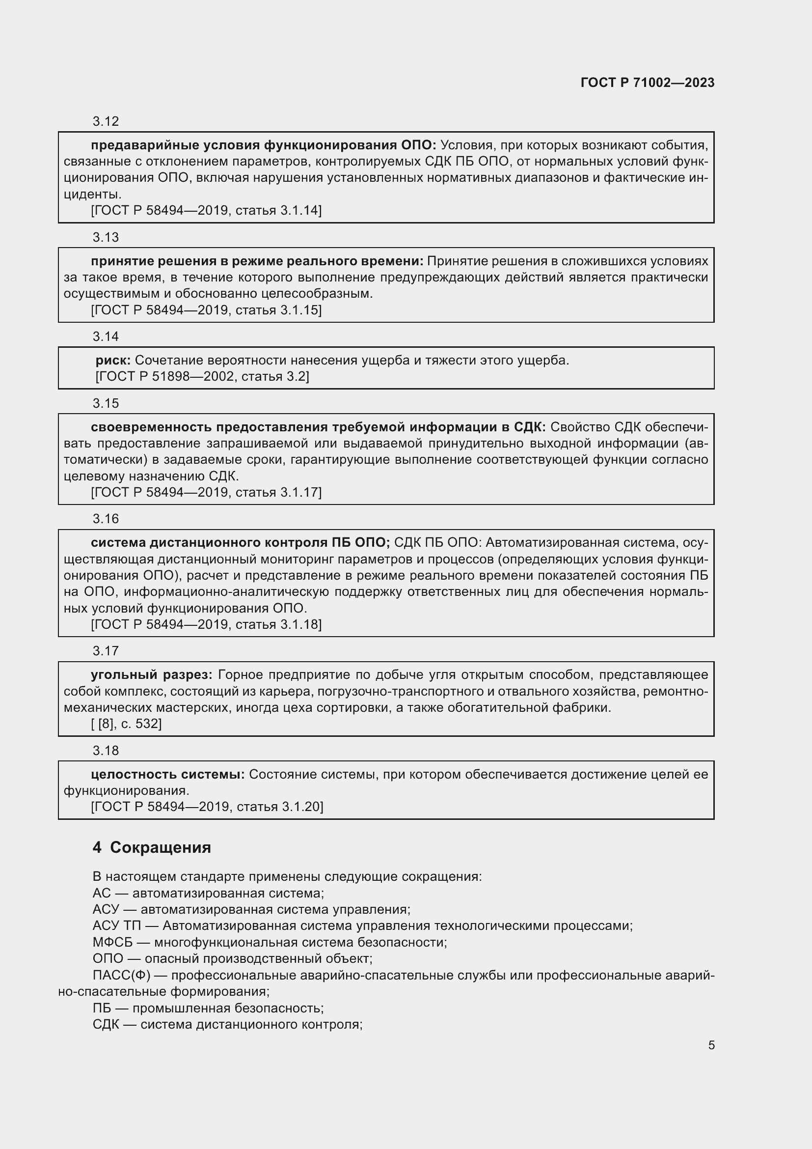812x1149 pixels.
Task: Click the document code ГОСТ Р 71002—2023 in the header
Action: point(648,83)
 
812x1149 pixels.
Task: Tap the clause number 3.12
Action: point(106,121)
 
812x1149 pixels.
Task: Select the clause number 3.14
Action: point(106,336)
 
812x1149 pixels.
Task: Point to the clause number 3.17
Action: point(106,650)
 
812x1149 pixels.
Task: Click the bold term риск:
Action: point(113,360)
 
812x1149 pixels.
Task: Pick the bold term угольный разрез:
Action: point(152,674)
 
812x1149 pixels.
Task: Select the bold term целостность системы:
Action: point(167,774)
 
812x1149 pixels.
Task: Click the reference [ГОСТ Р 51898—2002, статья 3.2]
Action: point(202,376)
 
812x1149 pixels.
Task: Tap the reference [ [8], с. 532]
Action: point(126,724)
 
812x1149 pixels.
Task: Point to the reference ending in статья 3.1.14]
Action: point(206,210)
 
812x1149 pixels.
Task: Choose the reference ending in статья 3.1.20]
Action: point(207,807)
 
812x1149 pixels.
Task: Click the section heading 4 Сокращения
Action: point(152,847)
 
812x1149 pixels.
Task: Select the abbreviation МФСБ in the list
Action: point(112,942)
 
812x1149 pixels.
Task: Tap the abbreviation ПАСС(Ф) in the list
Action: point(121,976)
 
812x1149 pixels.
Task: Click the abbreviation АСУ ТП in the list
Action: point(116,926)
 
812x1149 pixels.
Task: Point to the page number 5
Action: point(711,1045)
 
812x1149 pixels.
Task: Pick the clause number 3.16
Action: point(106,518)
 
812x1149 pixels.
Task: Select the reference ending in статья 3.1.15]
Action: point(206,310)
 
